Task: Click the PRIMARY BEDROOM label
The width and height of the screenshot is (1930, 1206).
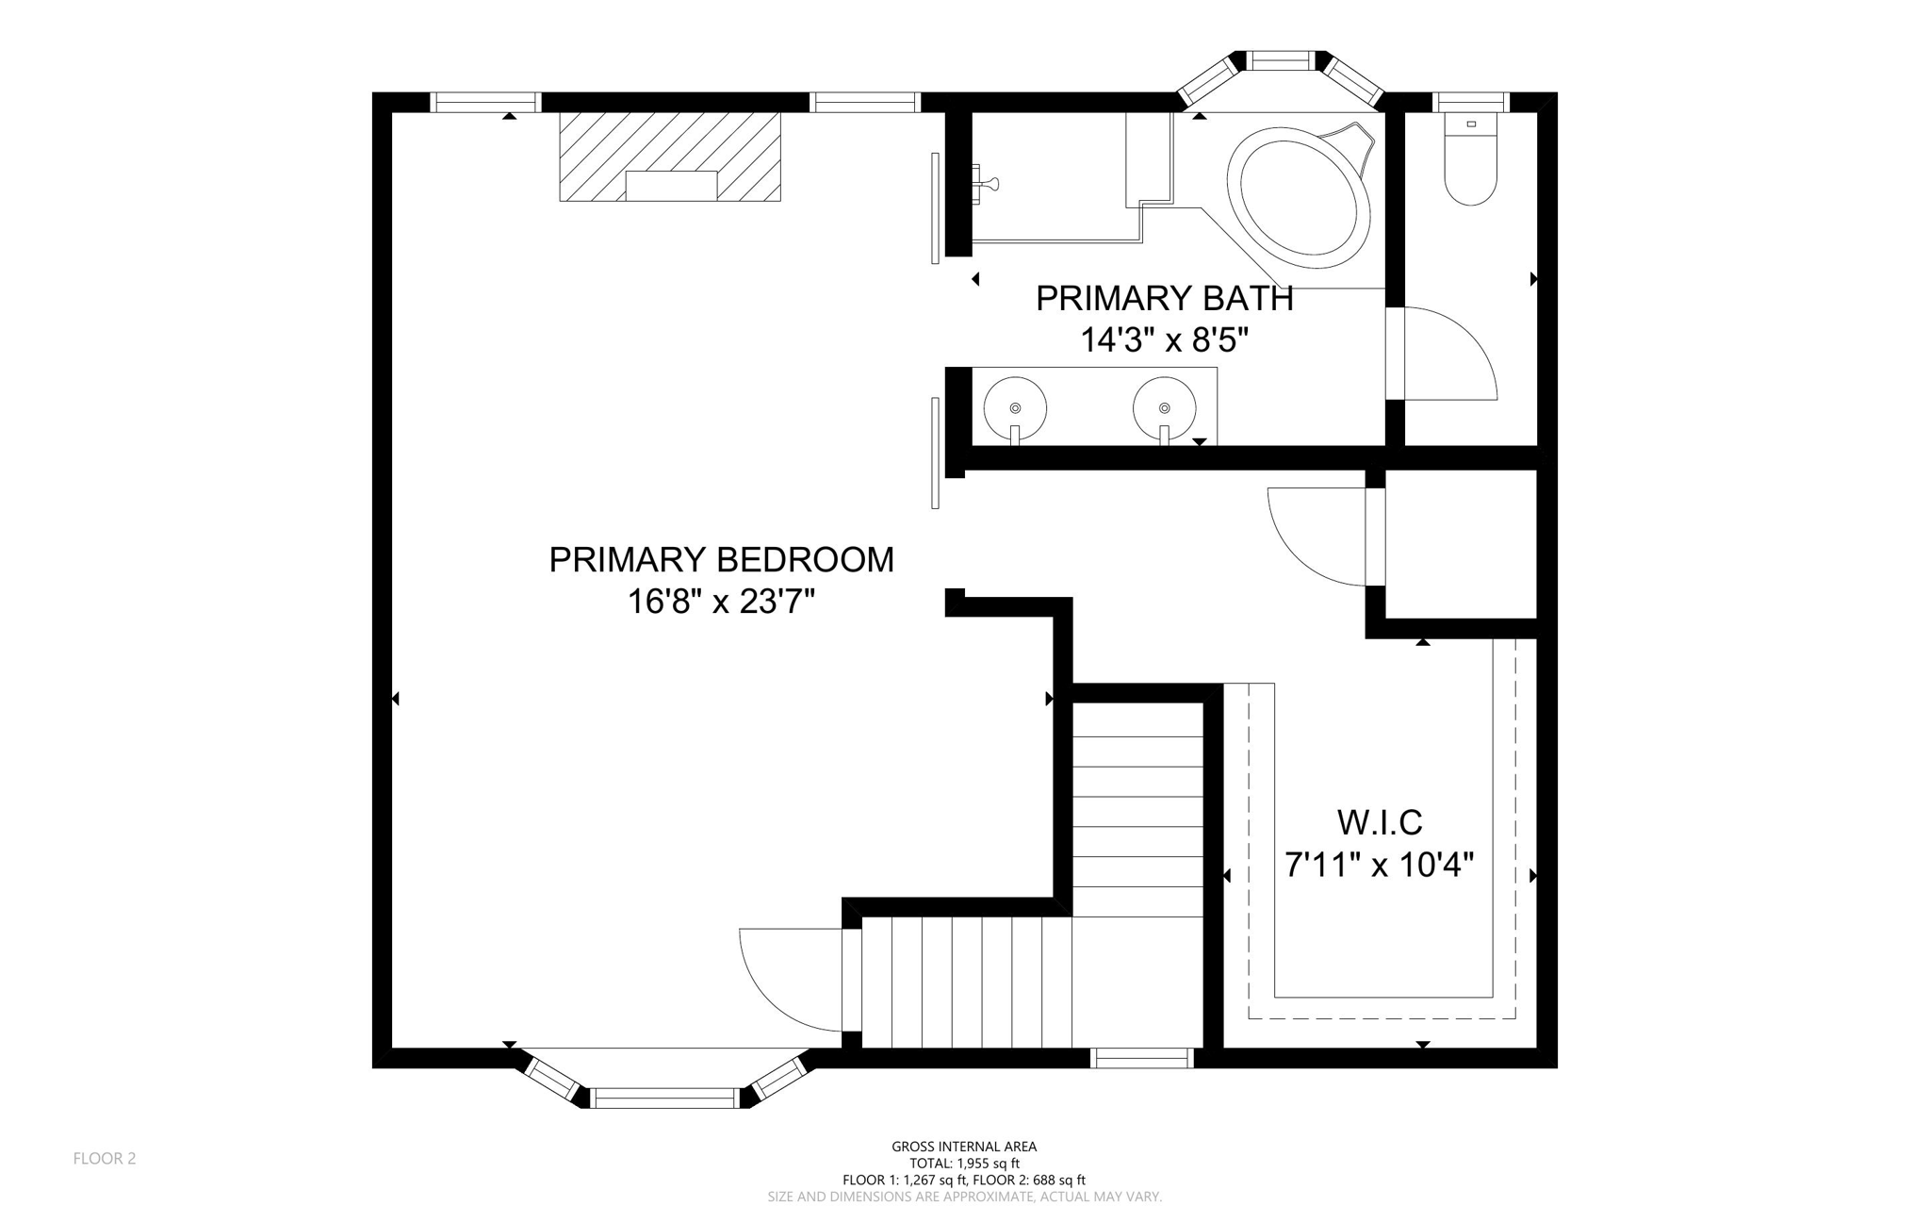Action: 721,560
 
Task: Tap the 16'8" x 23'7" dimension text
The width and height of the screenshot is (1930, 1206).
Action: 721,602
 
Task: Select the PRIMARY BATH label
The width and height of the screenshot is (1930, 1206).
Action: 1164,299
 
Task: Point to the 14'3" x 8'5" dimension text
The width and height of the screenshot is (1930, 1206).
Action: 1164,340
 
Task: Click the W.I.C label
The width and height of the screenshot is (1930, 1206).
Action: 1380,823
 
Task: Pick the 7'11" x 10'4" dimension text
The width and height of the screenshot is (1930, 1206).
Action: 1380,865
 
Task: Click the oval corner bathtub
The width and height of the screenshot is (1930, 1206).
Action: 1299,192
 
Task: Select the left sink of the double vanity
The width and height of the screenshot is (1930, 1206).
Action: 1015,408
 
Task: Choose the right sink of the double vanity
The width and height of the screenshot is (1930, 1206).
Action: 1164,408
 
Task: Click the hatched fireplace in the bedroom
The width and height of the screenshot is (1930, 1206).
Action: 670,157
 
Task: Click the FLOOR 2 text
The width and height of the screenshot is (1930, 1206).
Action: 105,1159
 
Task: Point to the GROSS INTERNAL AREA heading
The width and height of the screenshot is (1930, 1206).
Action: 964,1147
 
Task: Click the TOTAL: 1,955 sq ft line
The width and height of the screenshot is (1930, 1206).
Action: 964,1164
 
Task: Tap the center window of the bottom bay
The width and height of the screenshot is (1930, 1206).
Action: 665,1098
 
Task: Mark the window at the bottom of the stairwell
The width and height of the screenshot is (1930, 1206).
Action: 1142,1059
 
